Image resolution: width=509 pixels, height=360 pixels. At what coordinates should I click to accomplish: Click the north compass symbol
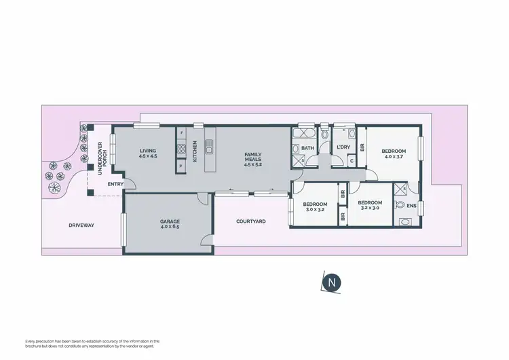(x=331, y=283)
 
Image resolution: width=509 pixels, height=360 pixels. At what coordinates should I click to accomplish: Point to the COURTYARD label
(x=250, y=221)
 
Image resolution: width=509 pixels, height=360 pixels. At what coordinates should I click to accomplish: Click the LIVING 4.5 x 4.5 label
(x=148, y=154)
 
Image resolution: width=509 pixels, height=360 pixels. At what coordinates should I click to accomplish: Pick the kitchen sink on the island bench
(x=209, y=145)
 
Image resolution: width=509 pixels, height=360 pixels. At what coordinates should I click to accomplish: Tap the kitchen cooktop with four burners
(x=181, y=144)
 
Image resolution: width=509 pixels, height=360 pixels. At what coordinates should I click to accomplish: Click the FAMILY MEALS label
(x=252, y=159)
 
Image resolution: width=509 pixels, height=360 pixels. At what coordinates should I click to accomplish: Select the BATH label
(x=308, y=148)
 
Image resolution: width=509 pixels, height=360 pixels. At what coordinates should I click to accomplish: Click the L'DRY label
(x=343, y=147)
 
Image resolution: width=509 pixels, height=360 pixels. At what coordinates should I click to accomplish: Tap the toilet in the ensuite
(x=400, y=203)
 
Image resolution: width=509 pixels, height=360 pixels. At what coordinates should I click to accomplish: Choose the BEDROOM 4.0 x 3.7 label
(x=393, y=154)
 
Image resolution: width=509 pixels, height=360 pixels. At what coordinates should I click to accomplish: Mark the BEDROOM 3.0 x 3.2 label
(x=315, y=207)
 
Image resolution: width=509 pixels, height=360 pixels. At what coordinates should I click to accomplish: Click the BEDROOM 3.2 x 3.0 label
(x=370, y=206)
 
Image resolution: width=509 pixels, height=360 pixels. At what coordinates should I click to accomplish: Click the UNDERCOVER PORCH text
(x=100, y=158)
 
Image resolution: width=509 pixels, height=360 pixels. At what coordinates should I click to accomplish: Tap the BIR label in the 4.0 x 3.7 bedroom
(x=364, y=146)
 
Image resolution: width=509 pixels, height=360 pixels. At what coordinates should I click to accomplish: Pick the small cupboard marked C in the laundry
(x=350, y=160)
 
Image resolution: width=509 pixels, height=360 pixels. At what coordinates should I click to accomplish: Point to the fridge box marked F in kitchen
(x=181, y=132)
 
